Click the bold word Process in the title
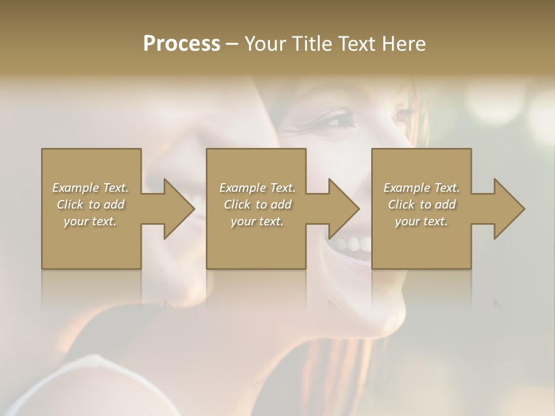182,44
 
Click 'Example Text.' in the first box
91,188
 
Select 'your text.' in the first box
91,221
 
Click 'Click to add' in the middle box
257,205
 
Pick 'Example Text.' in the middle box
257,188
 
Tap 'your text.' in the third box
421,221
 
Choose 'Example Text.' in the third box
421,188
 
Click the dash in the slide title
232,44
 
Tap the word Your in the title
263,44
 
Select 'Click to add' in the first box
91,205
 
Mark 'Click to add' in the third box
421,205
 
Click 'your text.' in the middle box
257,221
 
